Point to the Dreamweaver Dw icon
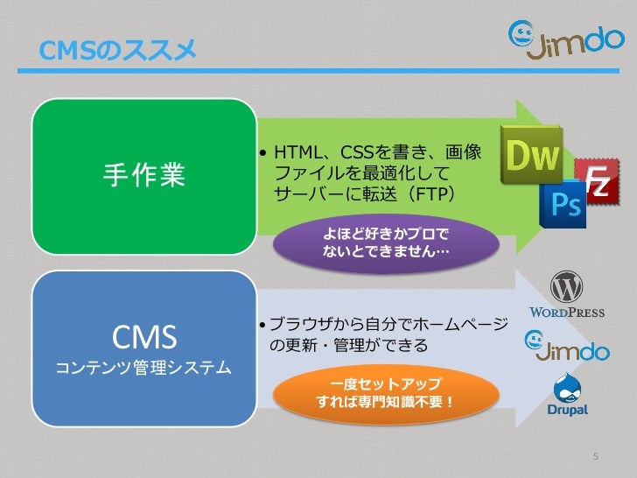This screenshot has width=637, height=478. click(531, 155)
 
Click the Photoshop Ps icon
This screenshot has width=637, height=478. click(563, 206)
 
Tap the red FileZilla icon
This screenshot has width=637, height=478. click(596, 181)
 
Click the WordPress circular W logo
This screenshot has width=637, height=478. click(567, 287)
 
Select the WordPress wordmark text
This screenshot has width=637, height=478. click(567, 312)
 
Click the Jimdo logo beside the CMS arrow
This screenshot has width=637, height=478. click(565, 347)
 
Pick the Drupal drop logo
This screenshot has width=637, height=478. click(566, 387)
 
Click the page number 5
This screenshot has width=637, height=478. click(596, 458)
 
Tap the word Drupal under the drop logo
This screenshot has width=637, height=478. click(566, 410)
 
